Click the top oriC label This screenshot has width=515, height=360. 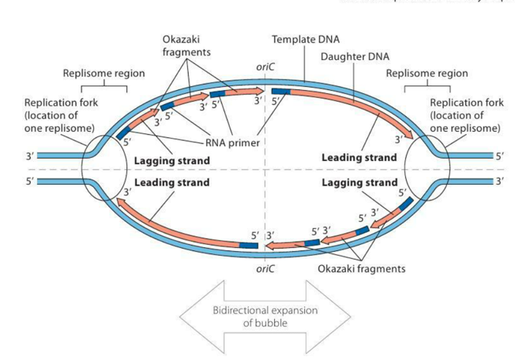265,69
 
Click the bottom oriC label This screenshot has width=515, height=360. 265,268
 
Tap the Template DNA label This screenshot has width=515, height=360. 299,39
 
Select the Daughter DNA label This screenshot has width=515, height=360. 355,57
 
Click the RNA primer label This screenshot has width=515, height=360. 232,143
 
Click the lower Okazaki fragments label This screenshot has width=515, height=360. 361,268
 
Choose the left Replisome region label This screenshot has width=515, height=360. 103,73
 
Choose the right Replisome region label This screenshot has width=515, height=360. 427,73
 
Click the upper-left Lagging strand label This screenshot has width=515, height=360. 171,160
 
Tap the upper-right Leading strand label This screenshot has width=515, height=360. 359,158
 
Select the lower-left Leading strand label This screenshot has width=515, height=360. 171,182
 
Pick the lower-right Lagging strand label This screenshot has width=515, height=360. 359,182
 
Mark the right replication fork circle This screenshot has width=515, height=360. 427,169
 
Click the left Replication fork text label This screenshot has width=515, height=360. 59,115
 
